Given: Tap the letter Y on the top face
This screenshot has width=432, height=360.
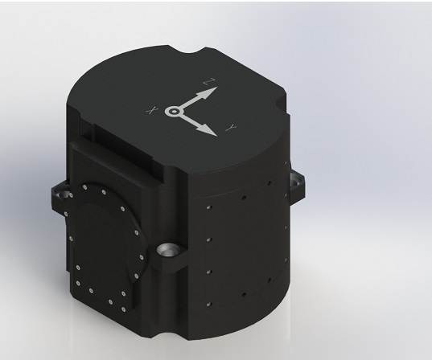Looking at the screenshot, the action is point(232,128).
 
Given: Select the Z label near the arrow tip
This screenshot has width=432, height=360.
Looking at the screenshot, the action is point(209,81).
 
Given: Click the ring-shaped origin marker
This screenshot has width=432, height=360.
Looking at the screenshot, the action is point(174,112).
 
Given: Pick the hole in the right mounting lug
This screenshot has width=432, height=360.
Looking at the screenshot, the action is point(297,182).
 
